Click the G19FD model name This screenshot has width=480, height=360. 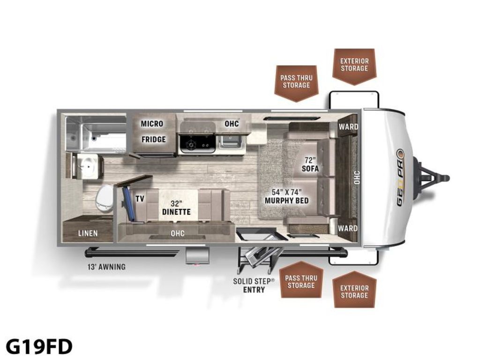[39, 346]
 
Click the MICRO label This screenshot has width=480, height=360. [152, 124]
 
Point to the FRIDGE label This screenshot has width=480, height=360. [153, 139]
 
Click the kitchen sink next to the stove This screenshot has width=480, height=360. [230, 142]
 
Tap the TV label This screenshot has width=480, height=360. [140, 199]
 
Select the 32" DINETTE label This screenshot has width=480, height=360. [176, 208]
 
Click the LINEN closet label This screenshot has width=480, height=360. [88, 233]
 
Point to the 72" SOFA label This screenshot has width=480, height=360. [310, 165]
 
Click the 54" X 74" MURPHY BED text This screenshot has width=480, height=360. [286, 196]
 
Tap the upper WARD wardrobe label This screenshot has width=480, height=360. [348, 127]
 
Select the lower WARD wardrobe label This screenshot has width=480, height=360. [348, 228]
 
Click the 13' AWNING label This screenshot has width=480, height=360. [106, 267]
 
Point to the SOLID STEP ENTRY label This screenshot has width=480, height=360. [254, 285]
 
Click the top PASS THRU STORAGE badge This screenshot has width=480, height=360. [296, 83]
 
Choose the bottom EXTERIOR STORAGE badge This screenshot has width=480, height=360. [354, 289]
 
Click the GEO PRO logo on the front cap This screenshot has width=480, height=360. [401, 178]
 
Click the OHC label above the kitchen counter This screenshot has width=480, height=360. [232, 124]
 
